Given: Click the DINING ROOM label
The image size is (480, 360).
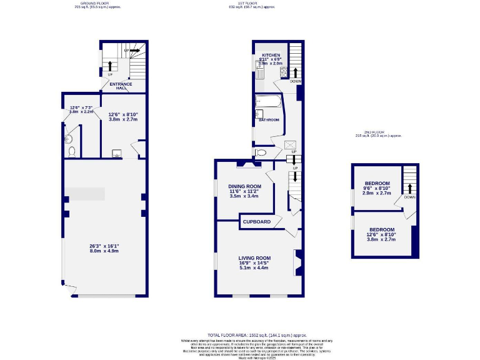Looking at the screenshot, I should click(x=244, y=186).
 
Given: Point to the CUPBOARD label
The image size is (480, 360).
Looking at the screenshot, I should click(x=257, y=222).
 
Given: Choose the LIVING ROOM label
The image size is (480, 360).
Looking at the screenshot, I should click(x=254, y=257).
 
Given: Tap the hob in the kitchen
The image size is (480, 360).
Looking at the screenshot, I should click(x=282, y=72).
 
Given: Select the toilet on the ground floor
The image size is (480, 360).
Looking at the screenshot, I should click(x=72, y=151).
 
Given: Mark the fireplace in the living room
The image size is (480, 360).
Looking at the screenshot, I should click(x=298, y=261).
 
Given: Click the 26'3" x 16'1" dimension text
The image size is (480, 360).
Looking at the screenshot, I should click(x=104, y=246).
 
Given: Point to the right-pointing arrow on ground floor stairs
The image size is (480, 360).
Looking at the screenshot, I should click(x=134, y=49).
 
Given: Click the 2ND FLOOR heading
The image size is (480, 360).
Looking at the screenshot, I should click(x=375, y=132).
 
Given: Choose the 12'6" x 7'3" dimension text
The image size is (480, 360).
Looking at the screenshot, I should click(x=81, y=108).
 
